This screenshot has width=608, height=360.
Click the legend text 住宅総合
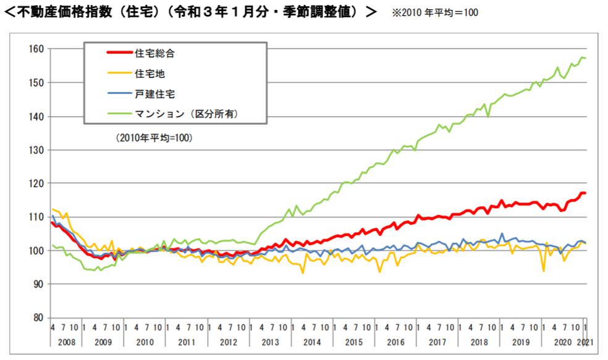pyautogui.click(x=154, y=53)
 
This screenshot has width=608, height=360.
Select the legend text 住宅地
pyautogui.click(x=150, y=73)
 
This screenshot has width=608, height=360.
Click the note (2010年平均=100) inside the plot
pyautogui.click(x=154, y=138)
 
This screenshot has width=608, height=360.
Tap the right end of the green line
pyautogui.click(x=585, y=58)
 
